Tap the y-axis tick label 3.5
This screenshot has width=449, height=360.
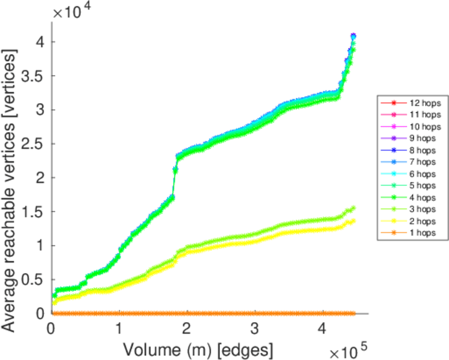[32, 76]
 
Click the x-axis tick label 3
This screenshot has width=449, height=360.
[255, 329]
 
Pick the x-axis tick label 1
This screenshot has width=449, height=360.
[119, 329]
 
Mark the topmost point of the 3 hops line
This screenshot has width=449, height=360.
[354, 208]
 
